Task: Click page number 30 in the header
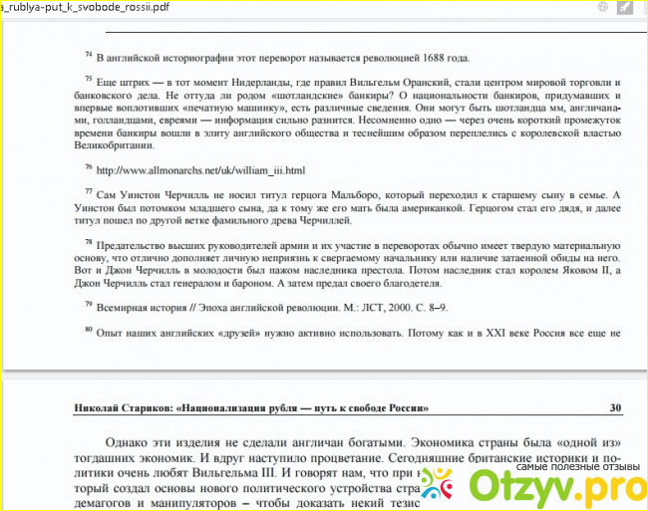click(615, 407)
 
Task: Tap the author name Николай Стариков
click(125, 407)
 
